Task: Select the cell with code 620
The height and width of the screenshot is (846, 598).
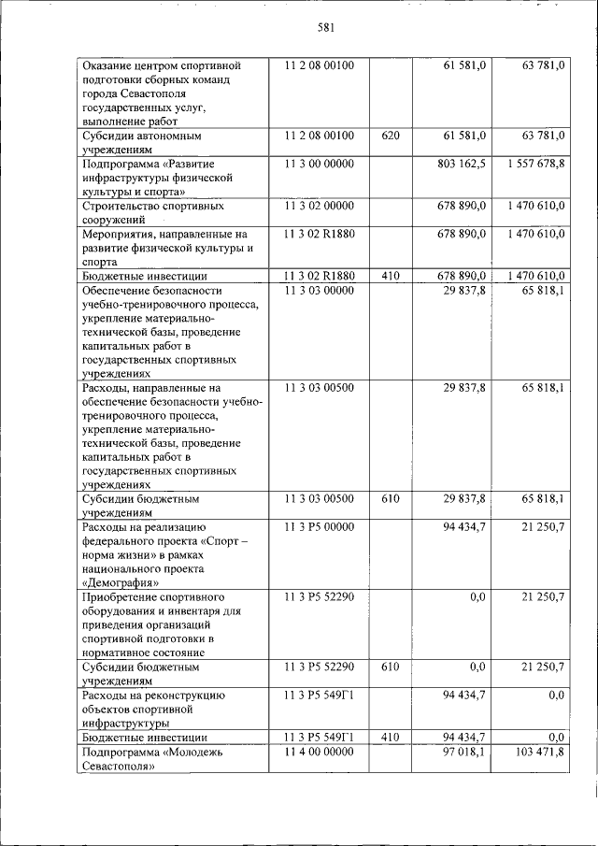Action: (x=391, y=136)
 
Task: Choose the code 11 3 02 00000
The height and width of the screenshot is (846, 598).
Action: (x=319, y=205)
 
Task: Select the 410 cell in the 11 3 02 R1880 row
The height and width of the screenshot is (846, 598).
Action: (x=391, y=277)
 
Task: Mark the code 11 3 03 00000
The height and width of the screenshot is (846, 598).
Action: (x=319, y=291)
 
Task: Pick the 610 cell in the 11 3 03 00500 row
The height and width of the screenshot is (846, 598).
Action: (x=391, y=499)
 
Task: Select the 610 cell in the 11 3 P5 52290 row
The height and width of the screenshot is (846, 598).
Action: (x=391, y=667)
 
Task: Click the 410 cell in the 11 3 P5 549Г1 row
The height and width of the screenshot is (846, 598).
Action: (x=391, y=738)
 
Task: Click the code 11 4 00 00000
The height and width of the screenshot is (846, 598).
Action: (x=319, y=752)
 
